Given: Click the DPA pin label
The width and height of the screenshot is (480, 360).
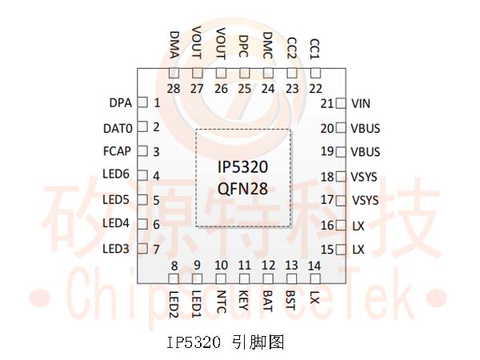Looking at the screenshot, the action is pyautogui.click(x=121, y=103).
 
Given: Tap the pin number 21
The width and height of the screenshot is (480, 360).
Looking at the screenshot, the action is pyautogui.click(x=327, y=104).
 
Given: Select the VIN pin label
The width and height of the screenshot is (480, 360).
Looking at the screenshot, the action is pyautogui.click(x=361, y=104).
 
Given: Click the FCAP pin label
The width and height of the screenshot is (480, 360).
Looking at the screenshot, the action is pyautogui.click(x=117, y=151).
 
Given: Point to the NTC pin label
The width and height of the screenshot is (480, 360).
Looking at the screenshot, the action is pyautogui.click(x=221, y=302).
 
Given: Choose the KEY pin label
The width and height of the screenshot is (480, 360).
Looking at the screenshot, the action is pyautogui.click(x=244, y=300).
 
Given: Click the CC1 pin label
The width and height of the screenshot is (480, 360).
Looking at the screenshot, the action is pyautogui.click(x=314, y=49).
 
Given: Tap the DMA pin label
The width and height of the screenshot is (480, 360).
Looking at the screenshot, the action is pyautogui.click(x=174, y=45).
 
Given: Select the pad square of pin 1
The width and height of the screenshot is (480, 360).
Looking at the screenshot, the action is pyautogui.click(x=142, y=102).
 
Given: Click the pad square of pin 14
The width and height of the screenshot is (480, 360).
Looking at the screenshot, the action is pyautogui.click(x=315, y=278).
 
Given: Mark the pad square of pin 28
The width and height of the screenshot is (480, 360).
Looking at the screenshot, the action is pyautogui.click(x=174, y=73).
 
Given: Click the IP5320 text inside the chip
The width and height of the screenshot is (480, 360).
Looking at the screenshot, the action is pyautogui.click(x=242, y=167).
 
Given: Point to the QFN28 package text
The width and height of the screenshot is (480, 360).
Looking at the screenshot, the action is pyautogui.click(x=242, y=189).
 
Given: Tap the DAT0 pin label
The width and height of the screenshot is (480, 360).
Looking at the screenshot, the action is pyautogui.click(x=118, y=129).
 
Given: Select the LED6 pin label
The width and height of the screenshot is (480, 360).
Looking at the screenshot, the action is pyautogui.click(x=116, y=174).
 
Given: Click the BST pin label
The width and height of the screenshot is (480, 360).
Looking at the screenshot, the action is pyautogui.click(x=290, y=300).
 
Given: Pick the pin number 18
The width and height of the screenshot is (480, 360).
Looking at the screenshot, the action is pyautogui.click(x=327, y=177).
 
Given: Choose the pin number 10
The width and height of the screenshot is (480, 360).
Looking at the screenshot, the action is pyautogui.click(x=221, y=266).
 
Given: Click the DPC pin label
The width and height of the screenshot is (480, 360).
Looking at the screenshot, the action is pyautogui.click(x=244, y=46).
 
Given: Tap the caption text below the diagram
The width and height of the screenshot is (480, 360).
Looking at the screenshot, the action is pyautogui.click(x=226, y=342).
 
